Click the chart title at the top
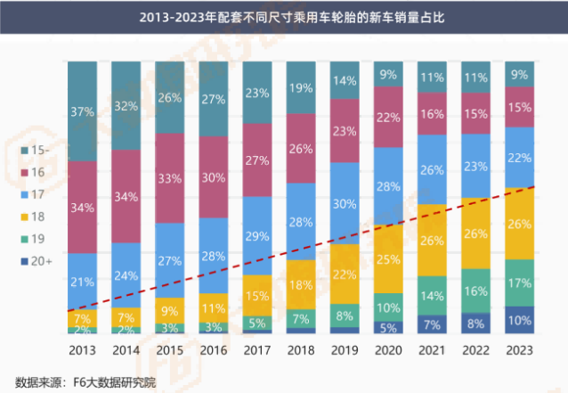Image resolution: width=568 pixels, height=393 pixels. point(283,16)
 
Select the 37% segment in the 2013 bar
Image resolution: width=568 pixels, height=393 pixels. point(83,112)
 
